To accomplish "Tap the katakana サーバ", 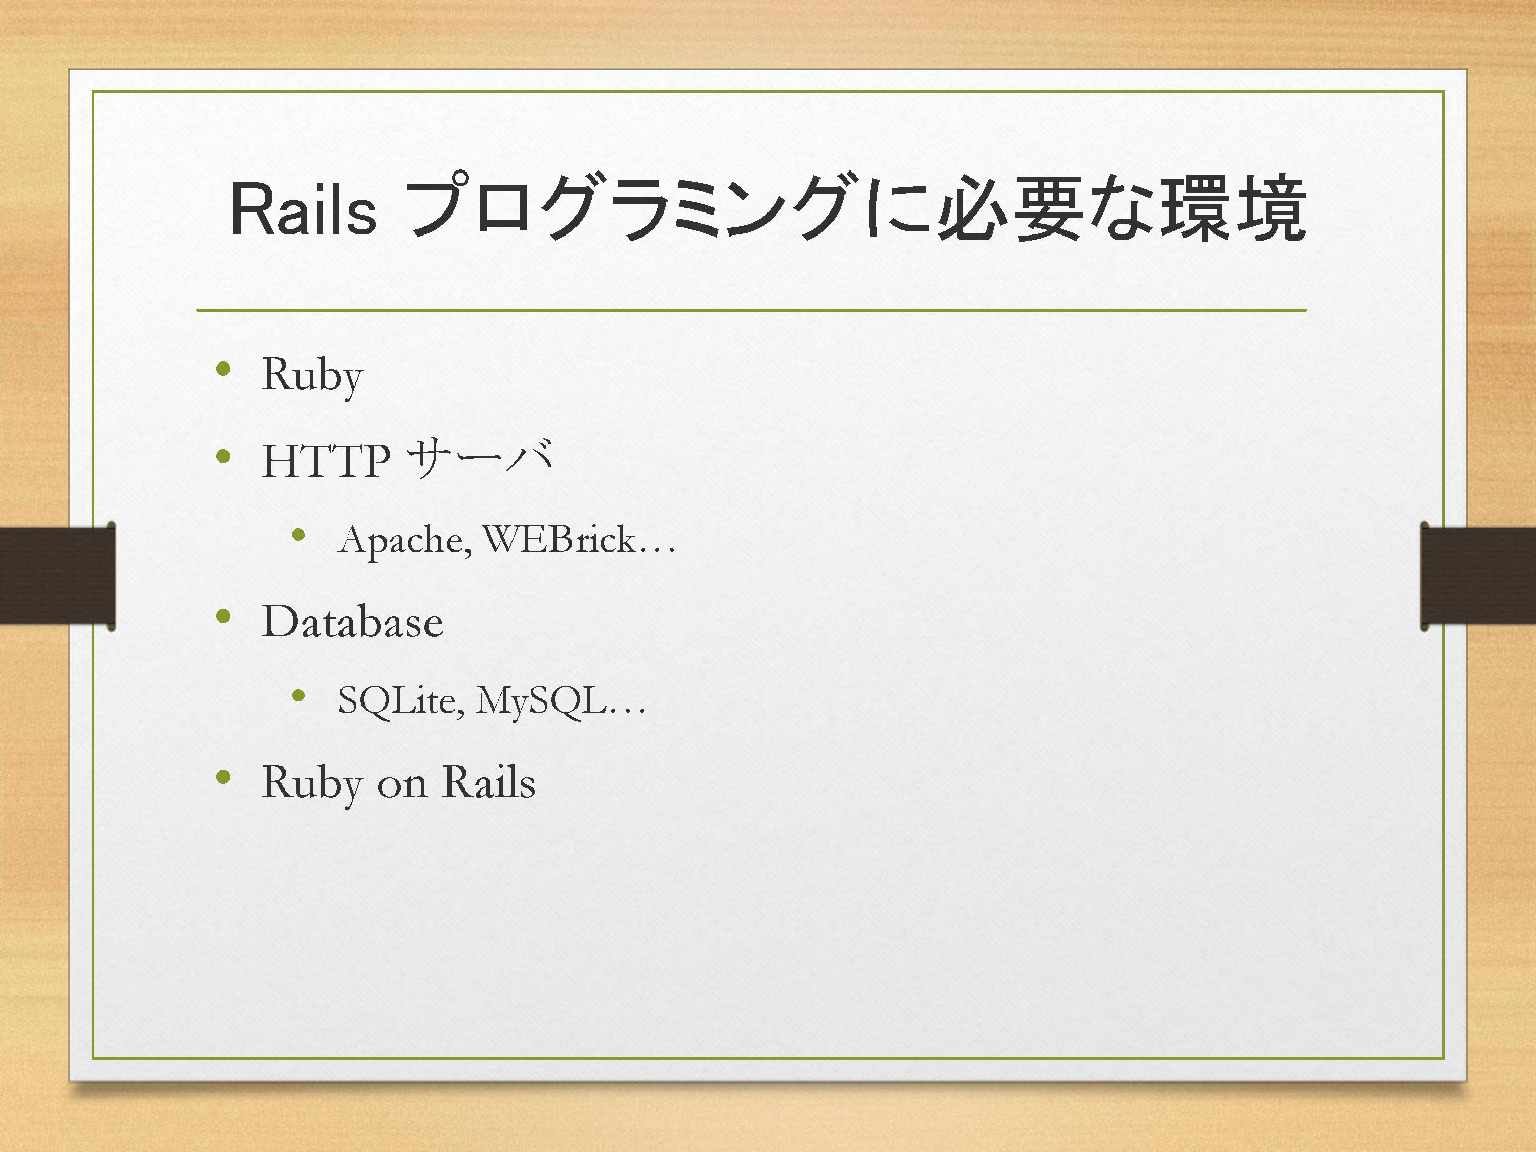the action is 480,458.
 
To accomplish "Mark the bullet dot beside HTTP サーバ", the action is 223,456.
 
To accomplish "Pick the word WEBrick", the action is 559,539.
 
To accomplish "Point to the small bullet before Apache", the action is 298,534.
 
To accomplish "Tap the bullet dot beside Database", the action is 223,615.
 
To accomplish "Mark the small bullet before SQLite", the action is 298,695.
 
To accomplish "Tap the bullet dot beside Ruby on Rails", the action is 223,776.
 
